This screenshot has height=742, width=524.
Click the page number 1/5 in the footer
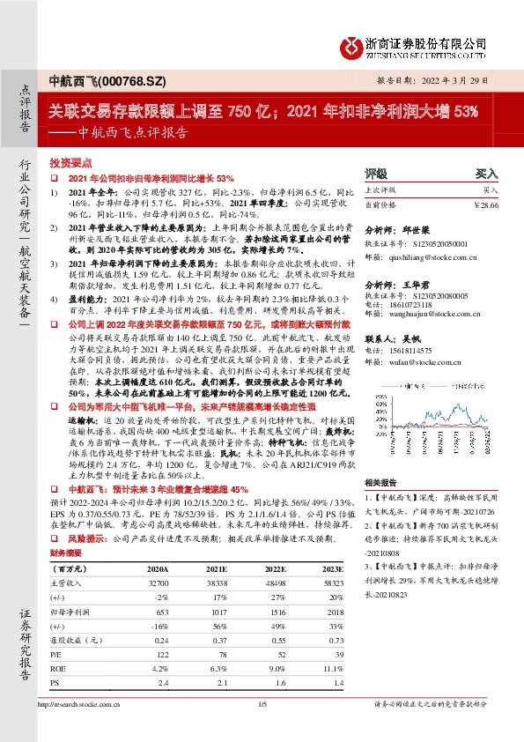coord(262,728)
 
